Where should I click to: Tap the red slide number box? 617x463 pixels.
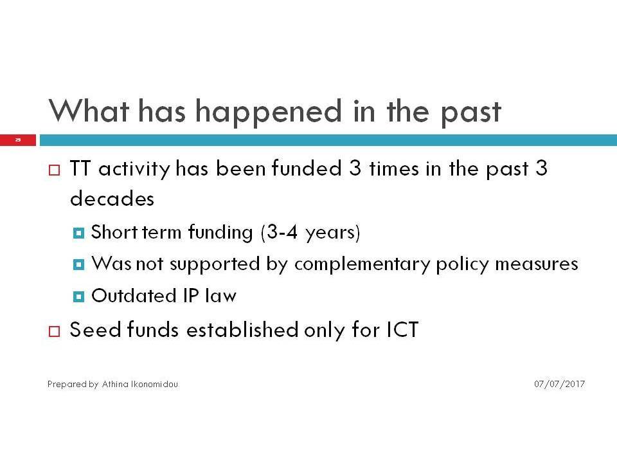tap(18, 140)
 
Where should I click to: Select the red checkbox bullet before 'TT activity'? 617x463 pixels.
tap(54, 170)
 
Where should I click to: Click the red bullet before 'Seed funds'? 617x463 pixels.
tap(54, 331)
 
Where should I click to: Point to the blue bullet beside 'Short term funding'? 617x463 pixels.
tap(78, 233)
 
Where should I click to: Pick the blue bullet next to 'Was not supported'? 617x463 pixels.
tap(78, 264)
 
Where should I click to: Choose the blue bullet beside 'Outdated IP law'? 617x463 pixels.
tap(78, 296)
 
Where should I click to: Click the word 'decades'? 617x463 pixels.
tap(112, 199)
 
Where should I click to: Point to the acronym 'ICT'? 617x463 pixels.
tap(402, 330)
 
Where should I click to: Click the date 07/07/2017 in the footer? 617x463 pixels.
tap(560, 384)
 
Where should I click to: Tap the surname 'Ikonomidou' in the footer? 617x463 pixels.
tap(154, 384)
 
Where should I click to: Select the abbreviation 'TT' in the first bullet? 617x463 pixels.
tap(80, 168)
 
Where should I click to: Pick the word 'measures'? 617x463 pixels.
tap(537, 264)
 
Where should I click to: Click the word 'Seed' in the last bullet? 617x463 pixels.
tap(95, 329)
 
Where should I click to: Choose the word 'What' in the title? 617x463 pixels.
tap(89, 111)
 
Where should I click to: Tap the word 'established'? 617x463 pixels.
tap(242, 329)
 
